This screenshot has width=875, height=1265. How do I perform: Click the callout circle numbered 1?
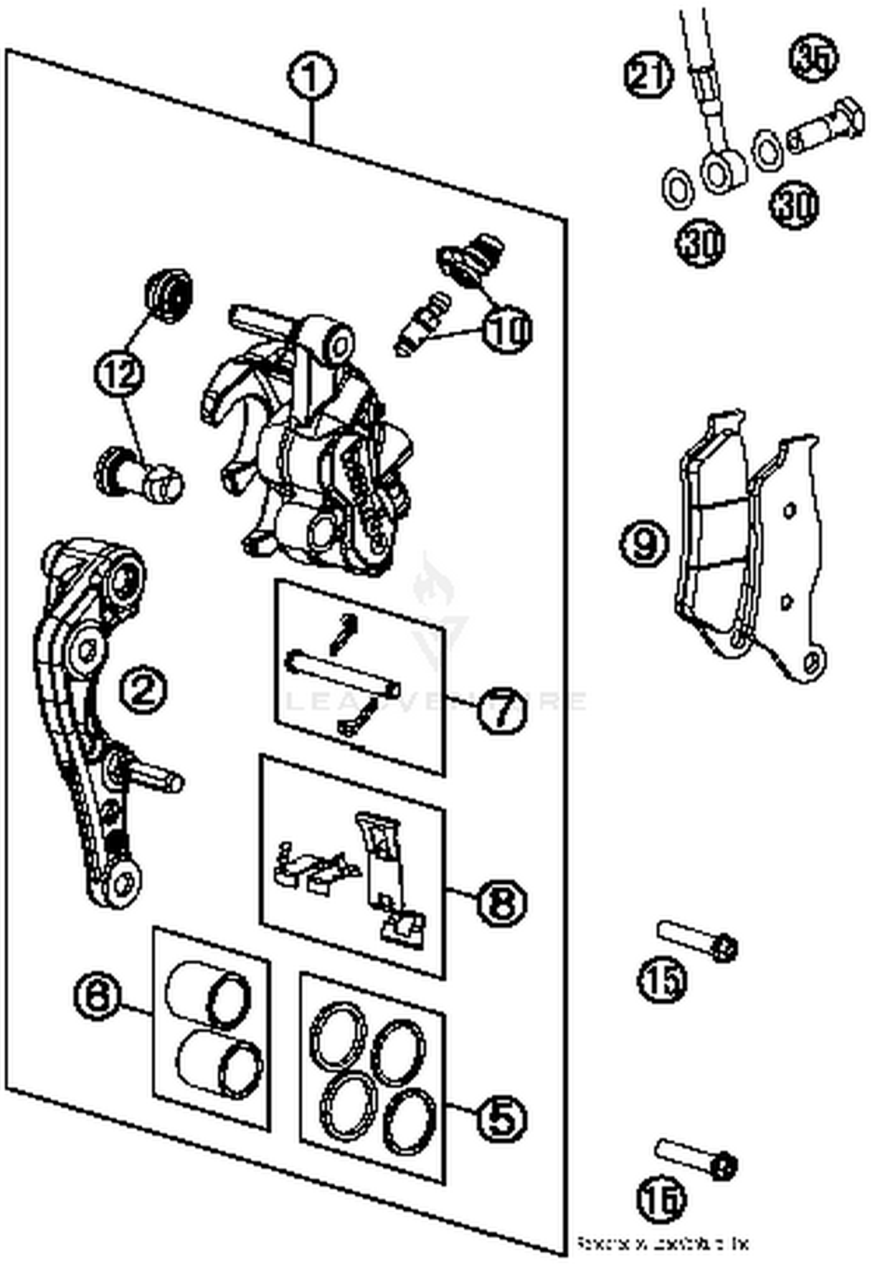pos(312,76)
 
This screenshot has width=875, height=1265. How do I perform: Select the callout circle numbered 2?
pos(143,690)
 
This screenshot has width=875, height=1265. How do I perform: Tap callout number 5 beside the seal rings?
pos(502,1118)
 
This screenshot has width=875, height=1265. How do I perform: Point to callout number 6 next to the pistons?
pos(98,996)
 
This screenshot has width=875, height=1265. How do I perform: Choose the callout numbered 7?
pos(502,708)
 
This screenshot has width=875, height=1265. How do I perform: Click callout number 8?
pos(502,902)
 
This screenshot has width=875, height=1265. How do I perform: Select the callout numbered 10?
pos(507,329)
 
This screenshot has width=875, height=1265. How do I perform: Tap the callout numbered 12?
pos(120,373)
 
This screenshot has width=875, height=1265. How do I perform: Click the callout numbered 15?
pos(662,981)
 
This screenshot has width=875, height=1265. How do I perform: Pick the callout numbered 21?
pos(649,75)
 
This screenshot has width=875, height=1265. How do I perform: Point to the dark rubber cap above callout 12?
pos(169,296)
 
